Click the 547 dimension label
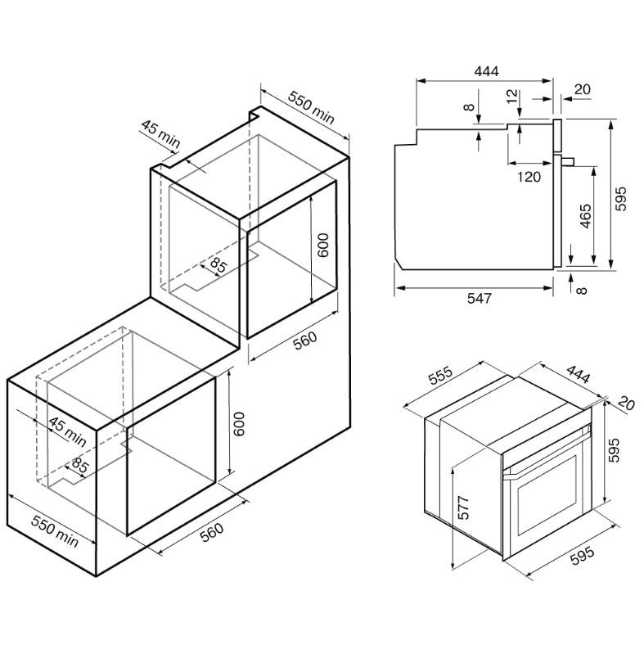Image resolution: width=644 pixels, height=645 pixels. [480, 298]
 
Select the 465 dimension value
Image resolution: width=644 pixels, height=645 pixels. [585, 215]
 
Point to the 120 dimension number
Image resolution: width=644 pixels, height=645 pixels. [529, 177]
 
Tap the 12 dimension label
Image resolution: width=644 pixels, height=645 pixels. [511, 97]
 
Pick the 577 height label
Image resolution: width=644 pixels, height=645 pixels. [463, 507]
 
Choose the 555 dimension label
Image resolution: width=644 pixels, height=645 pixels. [440, 375]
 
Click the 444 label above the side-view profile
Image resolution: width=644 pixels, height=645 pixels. [487, 71]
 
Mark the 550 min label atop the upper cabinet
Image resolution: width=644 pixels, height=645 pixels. [311, 108]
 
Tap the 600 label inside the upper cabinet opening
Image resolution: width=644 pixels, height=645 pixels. [323, 246]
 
